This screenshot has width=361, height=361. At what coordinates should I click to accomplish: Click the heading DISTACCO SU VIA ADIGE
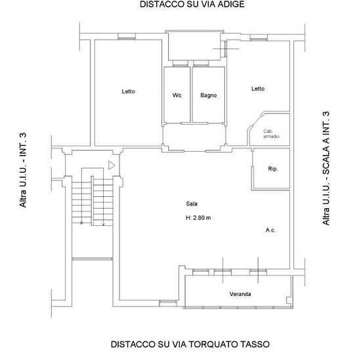(x=182, y=5)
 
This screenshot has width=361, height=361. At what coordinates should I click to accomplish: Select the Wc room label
(x=177, y=95)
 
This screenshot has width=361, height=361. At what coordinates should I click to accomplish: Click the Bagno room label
(x=209, y=95)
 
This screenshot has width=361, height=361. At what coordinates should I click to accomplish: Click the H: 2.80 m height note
(x=198, y=218)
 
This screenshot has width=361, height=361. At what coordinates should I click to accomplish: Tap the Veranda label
(x=240, y=293)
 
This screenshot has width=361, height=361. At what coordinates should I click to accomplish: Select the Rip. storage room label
(x=273, y=169)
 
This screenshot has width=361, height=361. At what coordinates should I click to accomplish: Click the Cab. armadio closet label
(x=270, y=134)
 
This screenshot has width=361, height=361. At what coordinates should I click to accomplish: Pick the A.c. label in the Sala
(x=270, y=230)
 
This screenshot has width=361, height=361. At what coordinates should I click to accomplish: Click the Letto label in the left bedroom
(x=128, y=91)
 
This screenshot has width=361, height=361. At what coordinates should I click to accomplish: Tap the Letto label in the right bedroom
(x=257, y=89)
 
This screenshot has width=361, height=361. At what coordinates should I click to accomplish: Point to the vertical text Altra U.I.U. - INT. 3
(x=24, y=171)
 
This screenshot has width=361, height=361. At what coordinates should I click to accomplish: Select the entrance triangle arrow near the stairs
(x=112, y=166)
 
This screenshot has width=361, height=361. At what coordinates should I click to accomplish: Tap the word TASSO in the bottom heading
(x=255, y=343)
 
